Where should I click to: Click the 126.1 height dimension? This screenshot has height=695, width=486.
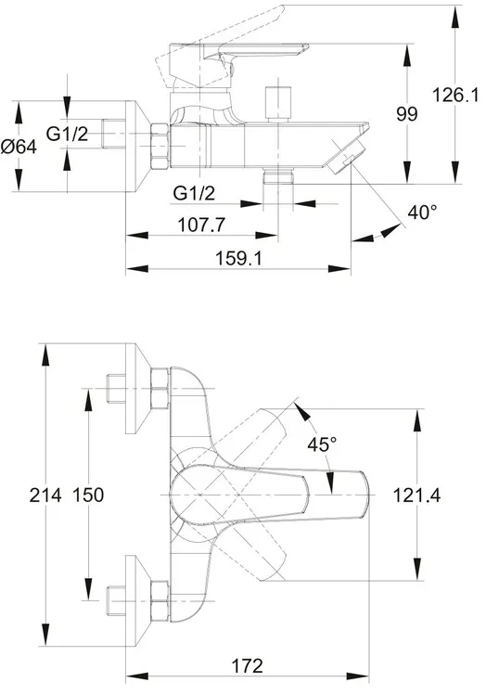455,96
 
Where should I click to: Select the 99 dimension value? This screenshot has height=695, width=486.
406,114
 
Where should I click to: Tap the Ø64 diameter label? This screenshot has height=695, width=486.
19,147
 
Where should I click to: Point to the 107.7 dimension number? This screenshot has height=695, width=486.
201,225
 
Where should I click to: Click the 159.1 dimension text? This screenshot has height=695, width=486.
238,258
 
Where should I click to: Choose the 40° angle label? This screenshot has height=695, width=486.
422,212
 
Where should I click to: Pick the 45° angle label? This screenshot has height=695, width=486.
322,444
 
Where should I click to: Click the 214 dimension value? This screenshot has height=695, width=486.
45,495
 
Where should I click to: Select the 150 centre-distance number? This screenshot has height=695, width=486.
88,495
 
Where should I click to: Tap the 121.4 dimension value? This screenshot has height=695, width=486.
416,496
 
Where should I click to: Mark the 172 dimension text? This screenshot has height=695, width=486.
248,665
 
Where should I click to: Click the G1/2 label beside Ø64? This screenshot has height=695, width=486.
68,134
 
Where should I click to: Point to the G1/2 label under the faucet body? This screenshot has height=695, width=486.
194,193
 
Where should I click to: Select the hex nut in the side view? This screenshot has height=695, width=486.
160,146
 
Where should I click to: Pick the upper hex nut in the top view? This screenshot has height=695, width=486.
160,389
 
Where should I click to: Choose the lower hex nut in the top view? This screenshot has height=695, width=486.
160,601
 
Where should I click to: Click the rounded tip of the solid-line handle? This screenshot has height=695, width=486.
365,495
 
